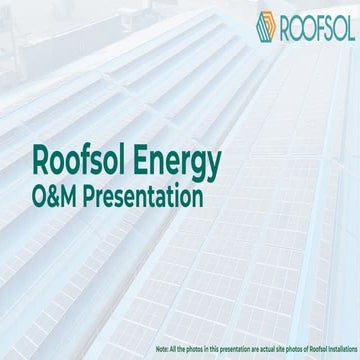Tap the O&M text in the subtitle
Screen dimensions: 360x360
54,196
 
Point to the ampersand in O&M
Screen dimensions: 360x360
54,196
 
